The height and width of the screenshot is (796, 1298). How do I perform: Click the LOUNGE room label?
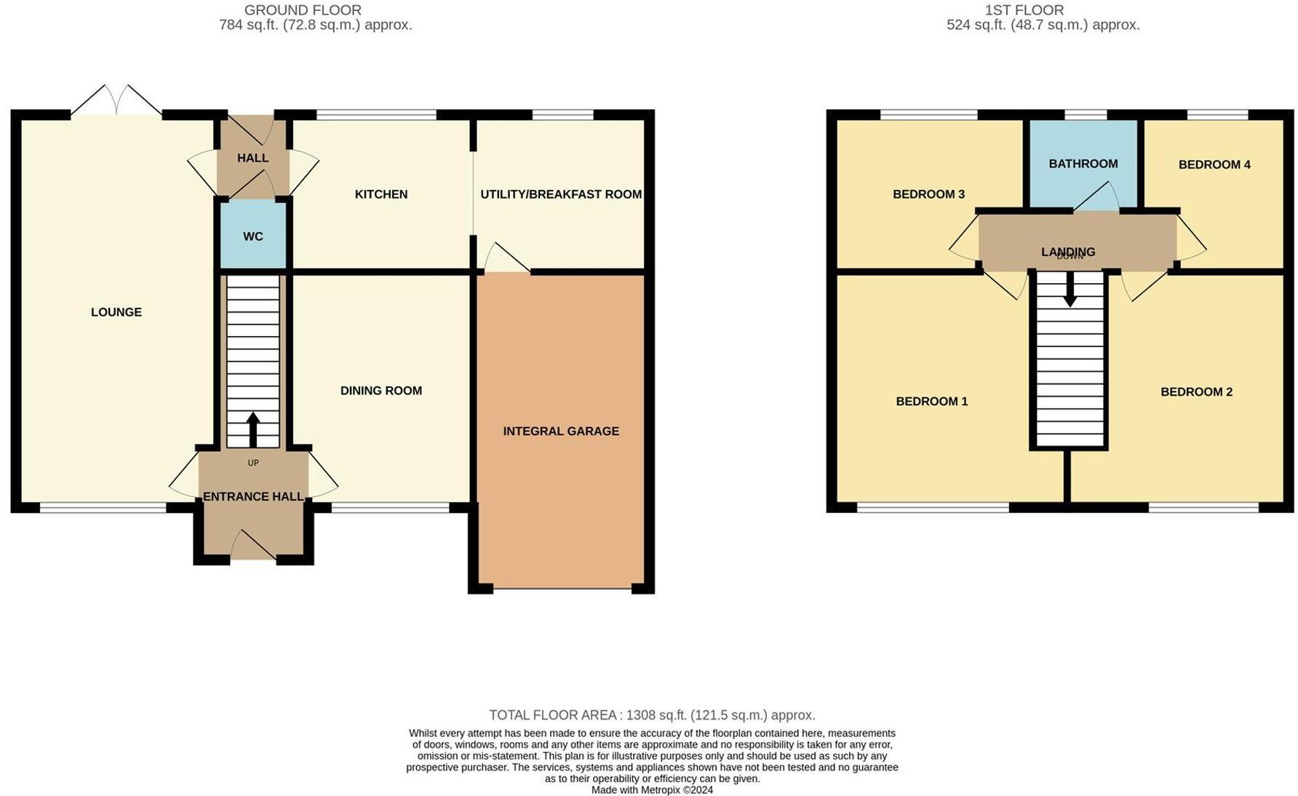pyautogui.click(x=116, y=312)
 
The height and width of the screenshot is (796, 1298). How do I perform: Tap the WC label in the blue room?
pyautogui.click(x=252, y=236)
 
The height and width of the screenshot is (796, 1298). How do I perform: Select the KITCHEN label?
pyautogui.click(x=381, y=194)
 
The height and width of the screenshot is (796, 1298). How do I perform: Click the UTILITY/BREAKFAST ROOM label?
pyautogui.click(x=560, y=194)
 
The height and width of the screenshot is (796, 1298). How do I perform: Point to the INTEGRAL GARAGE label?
pyautogui.click(x=560, y=431)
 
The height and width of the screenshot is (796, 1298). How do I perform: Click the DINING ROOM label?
pyautogui.click(x=381, y=391)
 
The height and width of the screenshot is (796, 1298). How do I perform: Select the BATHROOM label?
pyautogui.click(x=1083, y=164)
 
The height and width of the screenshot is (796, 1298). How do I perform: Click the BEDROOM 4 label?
pyautogui.click(x=1214, y=164)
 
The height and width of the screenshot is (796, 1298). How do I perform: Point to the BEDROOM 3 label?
pyautogui.click(x=928, y=194)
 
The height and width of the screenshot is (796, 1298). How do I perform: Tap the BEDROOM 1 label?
pyautogui.click(x=931, y=402)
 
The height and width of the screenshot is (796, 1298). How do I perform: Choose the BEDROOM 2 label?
pyautogui.click(x=1195, y=392)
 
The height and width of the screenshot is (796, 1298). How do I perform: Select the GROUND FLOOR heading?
pyautogui.click(x=303, y=10)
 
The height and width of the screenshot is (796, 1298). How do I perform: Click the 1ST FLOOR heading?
pyautogui.click(x=1024, y=10)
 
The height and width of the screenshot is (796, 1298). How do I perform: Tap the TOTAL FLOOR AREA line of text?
pyautogui.click(x=651, y=715)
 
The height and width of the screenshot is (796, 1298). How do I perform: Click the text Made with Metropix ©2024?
pyautogui.click(x=651, y=790)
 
